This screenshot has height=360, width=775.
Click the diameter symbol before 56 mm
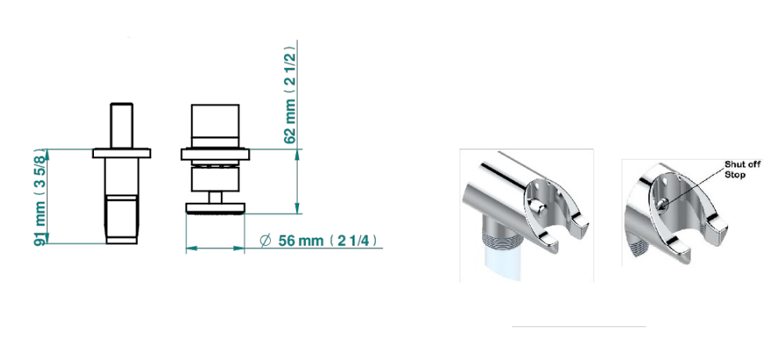(x=265, y=240)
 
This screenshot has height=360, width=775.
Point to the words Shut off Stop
(x=742, y=169)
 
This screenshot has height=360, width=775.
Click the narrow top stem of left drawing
(x=121, y=125)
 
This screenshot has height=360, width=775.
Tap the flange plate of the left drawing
(x=121, y=153)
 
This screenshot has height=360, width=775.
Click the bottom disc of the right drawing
(x=215, y=208)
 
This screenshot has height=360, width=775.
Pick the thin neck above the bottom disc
(x=215, y=197)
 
